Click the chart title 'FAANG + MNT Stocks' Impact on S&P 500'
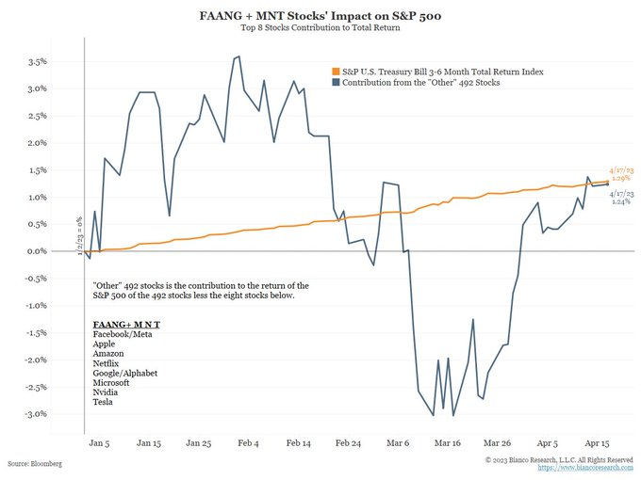(320, 16)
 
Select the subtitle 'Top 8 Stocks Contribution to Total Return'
(320, 29)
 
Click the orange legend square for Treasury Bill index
(337, 72)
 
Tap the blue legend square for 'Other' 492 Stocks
(337, 84)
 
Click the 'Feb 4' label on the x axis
(250, 441)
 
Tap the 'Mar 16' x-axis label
(447, 441)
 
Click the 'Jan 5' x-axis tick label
(98, 441)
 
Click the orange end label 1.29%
(619, 178)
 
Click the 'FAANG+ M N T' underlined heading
(126, 324)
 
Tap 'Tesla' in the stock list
(104, 403)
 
